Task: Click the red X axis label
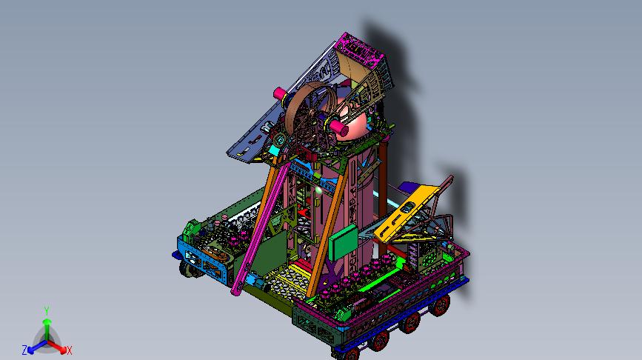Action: [69, 350]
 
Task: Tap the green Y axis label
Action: [47, 310]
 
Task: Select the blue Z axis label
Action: [24, 350]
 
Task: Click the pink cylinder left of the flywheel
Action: [280, 94]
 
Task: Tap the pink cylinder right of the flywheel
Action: [339, 128]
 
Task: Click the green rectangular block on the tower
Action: [343, 242]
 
